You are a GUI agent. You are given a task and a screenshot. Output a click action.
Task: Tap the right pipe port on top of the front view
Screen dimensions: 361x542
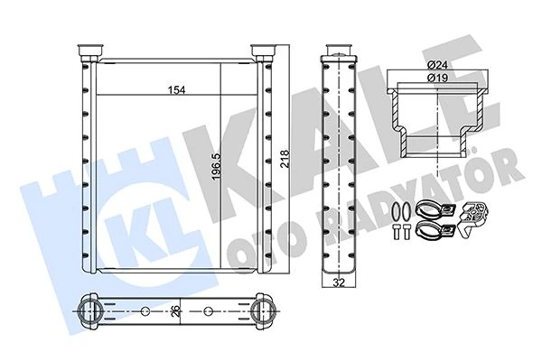[262, 50]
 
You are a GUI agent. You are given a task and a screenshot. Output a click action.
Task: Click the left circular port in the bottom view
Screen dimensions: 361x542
[91, 312]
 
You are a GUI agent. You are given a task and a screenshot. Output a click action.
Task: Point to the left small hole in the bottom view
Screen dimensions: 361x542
[145, 312]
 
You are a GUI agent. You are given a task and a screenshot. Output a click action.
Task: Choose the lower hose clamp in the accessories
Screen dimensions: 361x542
[431, 234]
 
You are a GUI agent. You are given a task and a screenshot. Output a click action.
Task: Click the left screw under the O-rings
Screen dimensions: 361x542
[397, 234]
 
